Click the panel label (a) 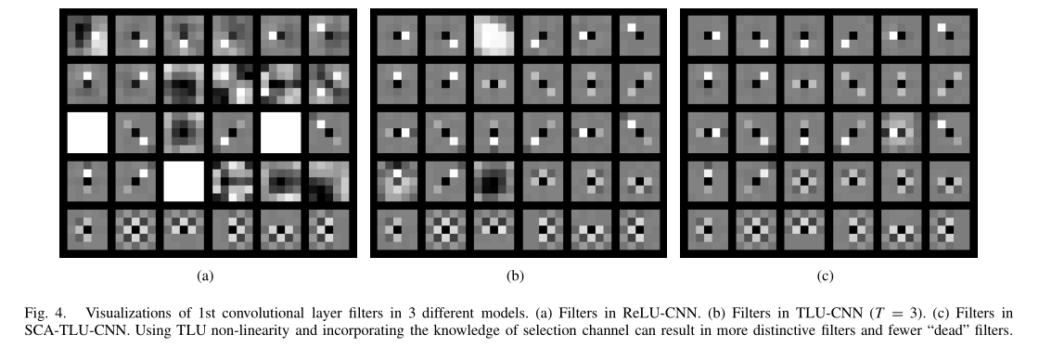tap(205, 275)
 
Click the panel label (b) tap(516, 275)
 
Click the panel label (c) tap(827, 275)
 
